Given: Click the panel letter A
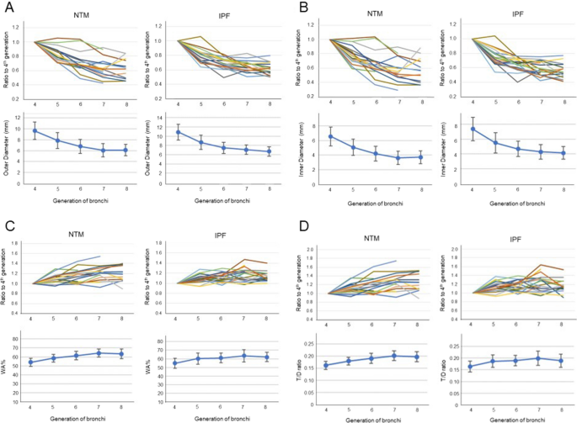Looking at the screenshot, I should [x=8, y=8].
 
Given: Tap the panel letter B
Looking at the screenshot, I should [x=297, y=8].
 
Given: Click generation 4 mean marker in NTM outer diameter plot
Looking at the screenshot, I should [x=35, y=131].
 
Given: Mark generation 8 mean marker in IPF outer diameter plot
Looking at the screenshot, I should [x=269, y=152].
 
